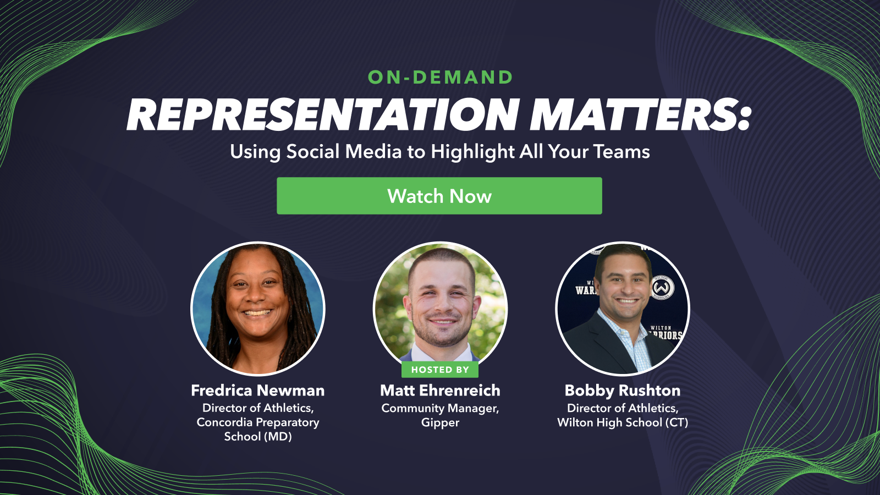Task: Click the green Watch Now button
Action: coord(439,196)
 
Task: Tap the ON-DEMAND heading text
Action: coord(440,78)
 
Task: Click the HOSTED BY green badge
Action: coord(440,370)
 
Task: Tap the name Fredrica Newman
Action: coord(257,391)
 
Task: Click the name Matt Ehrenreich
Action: coord(440,391)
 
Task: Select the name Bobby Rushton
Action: coord(622,391)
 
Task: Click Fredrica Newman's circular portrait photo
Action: coord(257,308)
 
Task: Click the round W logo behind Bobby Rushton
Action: coord(663,288)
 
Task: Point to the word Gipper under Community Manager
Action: coord(440,423)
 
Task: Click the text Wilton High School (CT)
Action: coord(622,422)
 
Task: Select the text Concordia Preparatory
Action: coord(257,422)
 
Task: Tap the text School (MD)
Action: coord(257,437)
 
